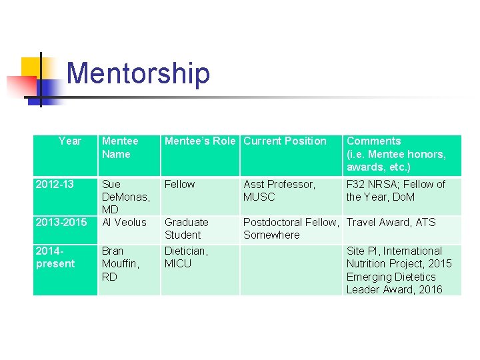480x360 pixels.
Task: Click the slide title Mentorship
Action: click(x=138, y=73)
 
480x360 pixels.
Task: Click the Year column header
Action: click(x=69, y=141)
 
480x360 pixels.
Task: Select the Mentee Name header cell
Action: click(x=120, y=147)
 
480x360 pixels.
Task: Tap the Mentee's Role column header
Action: click(x=200, y=141)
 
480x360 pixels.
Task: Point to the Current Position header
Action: click(x=285, y=141)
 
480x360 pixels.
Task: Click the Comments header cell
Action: click(x=396, y=154)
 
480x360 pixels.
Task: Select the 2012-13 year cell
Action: click(x=55, y=184)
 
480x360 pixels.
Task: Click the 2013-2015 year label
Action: click(x=61, y=222)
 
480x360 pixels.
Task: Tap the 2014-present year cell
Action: click(x=55, y=257)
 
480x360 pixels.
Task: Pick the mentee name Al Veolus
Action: click(x=124, y=222)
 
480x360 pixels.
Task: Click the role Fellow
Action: click(x=180, y=184)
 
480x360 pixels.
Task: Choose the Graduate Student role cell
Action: click(x=187, y=228)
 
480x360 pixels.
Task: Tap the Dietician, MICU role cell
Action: click(x=187, y=257)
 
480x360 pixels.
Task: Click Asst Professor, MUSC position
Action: click(x=279, y=190)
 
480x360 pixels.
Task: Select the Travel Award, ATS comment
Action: click(x=391, y=222)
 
